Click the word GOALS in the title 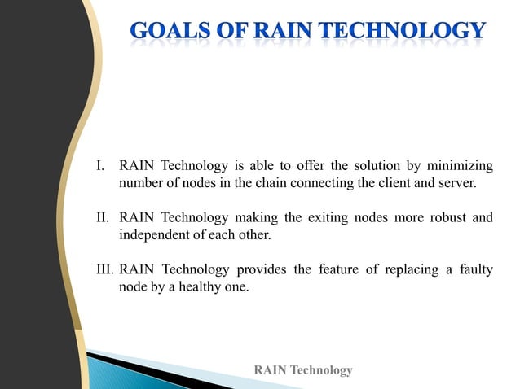point(165,32)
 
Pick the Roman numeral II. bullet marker point(104,217)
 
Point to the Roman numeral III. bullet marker point(105,269)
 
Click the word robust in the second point point(445,217)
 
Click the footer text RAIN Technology point(303,370)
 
